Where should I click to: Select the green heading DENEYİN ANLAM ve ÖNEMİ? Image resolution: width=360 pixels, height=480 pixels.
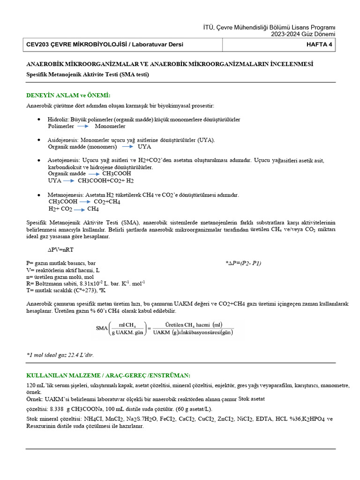coord(68,95)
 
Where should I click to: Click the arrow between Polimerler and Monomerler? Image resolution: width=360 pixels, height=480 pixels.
coord(82,127)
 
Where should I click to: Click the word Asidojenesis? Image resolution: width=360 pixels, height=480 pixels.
coord(63,140)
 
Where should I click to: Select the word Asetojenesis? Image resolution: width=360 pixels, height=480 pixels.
coord(63,160)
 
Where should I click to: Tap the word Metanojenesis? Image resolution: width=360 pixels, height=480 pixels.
coord(65,195)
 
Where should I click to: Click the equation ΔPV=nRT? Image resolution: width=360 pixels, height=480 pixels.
coord(61,250)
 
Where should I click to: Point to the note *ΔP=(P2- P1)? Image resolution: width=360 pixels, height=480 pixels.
coord(244,263)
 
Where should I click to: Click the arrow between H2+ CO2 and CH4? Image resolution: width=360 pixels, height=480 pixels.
coord(79,209)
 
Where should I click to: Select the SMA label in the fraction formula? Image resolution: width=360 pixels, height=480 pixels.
coord(102,328)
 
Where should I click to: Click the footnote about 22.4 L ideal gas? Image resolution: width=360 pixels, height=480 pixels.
coord(60,355)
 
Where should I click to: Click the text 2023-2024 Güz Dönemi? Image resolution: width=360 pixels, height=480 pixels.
coord(303,34)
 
